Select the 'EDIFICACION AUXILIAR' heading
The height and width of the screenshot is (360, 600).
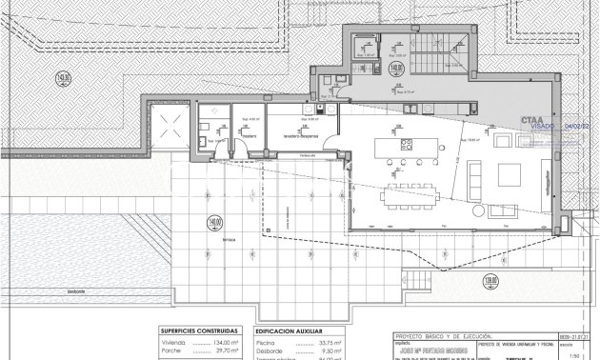click(x=289, y=331)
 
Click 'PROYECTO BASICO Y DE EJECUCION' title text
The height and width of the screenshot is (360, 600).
click(x=433, y=336)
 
